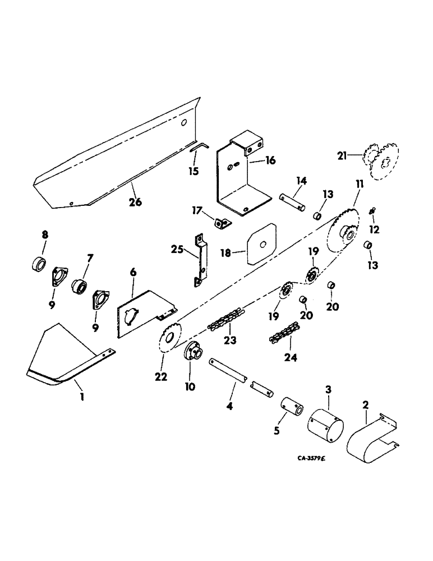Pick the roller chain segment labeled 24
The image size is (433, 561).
(285, 334)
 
